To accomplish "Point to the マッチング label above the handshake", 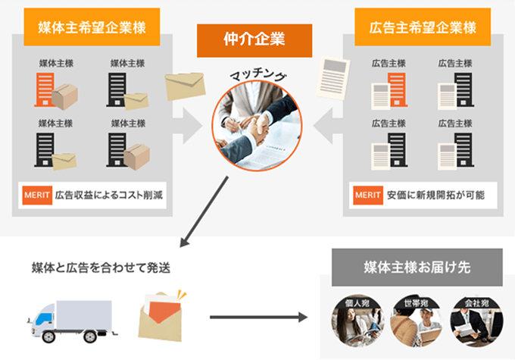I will (257, 76).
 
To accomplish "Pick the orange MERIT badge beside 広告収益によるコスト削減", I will (36, 196).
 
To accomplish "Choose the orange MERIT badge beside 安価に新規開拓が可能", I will (367, 196).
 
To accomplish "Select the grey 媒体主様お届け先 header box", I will (417, 268).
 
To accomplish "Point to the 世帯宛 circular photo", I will (416, 318).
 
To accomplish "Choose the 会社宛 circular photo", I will (474, 318).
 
